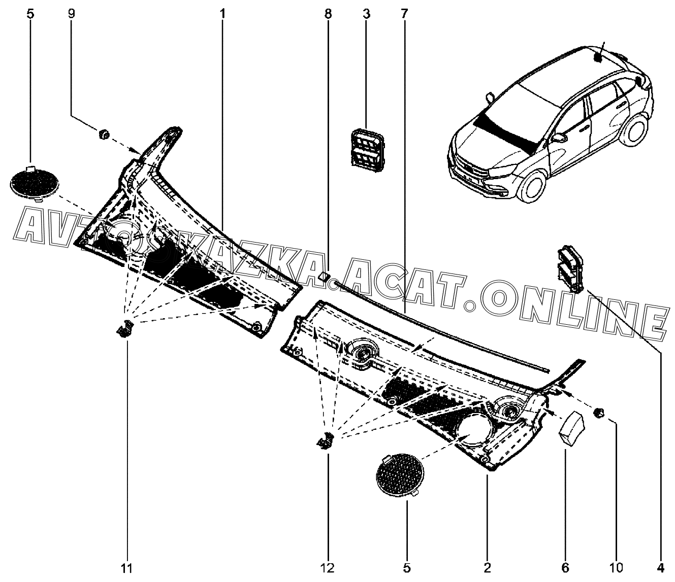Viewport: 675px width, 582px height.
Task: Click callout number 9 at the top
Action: [71, 14]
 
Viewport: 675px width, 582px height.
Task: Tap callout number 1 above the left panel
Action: [222, 14]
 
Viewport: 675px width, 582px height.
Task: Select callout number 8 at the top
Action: [328, 14]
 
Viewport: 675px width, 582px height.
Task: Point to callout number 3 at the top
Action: [366, 14]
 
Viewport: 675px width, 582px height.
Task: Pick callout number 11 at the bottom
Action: [127, 568]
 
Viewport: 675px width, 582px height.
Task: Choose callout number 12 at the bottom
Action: [328, 568]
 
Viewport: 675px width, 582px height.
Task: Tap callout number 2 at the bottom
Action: [487, 568]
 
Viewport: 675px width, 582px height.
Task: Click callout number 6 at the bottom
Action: [566, 568]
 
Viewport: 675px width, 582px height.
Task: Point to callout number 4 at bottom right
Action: [661, 568]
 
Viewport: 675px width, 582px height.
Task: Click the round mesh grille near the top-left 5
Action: [35, 181]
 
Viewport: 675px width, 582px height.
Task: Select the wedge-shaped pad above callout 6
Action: [571, 429]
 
